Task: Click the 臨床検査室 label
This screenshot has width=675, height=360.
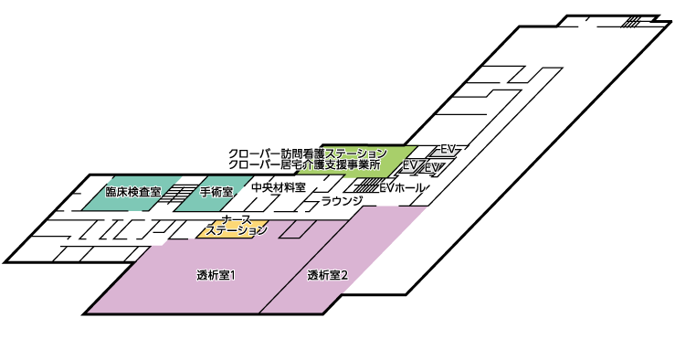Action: pyautogui.click(x=133, y=193)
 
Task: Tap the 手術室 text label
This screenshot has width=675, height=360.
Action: pyautogui.click(x=216, y=193)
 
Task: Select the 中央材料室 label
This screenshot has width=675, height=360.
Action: pyautogui.click(x=278, y=187)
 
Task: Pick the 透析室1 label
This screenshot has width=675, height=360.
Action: pyautogui.click(x=216, y=275)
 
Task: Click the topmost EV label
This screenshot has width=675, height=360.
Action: pyautogui.click(x=448, y=148)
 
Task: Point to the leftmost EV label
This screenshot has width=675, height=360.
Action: pyautogui.click(x=411, y=164)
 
